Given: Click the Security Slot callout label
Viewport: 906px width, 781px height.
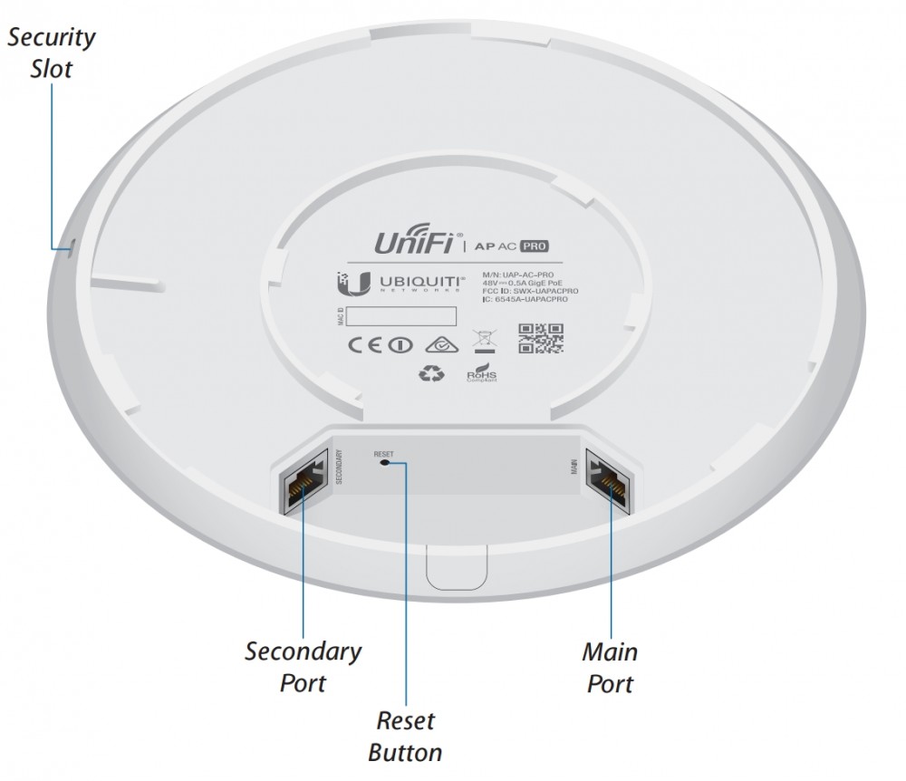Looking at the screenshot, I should pos(52,52).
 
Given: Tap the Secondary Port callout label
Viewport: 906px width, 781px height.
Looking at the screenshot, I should pos(303,666).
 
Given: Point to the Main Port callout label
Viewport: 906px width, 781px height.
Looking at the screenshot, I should pos(609,666).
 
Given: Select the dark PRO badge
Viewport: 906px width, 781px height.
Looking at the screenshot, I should pos(536,245).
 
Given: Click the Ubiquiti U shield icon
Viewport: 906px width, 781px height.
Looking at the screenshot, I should pos(361,282).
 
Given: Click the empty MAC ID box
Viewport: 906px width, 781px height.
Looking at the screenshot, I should pos(400,317).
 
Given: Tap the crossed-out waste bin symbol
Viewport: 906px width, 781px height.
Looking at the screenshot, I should pos(481,341).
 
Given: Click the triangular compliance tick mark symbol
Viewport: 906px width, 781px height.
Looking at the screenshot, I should pos(440,342).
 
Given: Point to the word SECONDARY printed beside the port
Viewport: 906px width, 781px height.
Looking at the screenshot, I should pos(339,468).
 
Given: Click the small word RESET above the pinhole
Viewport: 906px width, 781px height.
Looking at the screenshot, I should pos(384,450).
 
